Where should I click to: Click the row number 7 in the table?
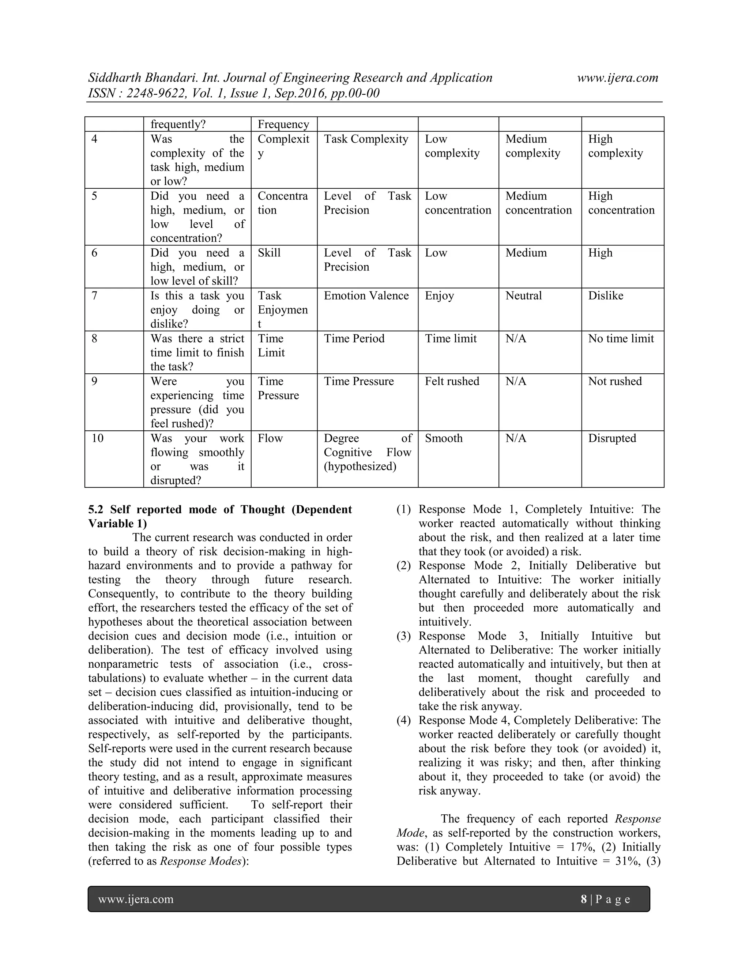click(x=94, y=296)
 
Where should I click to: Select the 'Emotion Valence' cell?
click(x=366, y=296)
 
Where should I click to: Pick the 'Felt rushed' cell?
click(x=452, y=381)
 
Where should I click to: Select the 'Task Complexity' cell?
click(x=366, y=139)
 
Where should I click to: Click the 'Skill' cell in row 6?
click(x=269, y=253)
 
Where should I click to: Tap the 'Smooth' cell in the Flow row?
click(x=443, y=438)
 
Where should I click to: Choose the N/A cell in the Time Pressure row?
click(x=516, y=381)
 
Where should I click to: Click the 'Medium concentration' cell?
click(x=538, y=203)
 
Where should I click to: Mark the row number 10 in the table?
click(x=97, y=438)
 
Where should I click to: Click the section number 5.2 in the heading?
click(x=96, y=509)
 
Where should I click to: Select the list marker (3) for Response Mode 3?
click(x=403, y=636)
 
